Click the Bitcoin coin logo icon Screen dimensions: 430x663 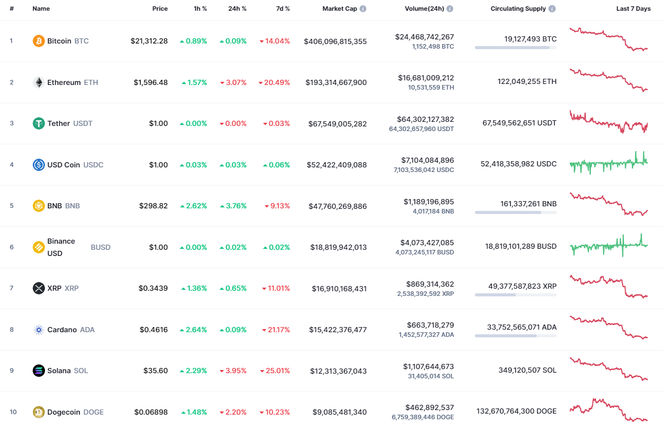pos(39,41)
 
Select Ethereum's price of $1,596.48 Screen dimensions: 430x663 pos(151,82)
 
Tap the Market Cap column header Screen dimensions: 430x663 pos(339,9)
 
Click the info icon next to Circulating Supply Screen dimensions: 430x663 pos(552,9)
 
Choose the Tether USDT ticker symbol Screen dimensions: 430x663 pos(83,123)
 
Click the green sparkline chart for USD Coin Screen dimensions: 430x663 pos(608,164)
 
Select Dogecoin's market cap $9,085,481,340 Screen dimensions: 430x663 pos(339,412)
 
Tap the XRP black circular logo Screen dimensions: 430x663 pos(39,288)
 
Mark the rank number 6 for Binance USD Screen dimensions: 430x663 pos(12,247)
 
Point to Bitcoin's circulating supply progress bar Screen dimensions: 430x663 pos(515,48)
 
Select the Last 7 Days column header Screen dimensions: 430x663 pos(633,9)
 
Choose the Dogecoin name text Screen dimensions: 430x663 pos(64,412)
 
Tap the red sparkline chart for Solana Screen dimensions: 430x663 pos(608,369)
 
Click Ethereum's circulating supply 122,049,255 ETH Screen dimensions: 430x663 pos(527,81)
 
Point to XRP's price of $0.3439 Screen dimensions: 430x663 pos(153,288)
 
